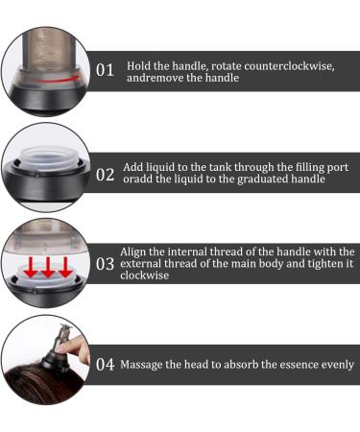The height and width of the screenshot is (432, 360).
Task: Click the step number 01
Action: point(105,70)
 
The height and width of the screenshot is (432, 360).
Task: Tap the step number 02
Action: point(105,175)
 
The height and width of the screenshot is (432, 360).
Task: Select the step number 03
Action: point(105,264)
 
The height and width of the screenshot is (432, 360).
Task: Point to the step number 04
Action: point(105,365)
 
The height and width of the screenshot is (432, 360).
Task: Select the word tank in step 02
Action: point(220,167)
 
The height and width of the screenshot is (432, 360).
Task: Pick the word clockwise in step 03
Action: point(145,276)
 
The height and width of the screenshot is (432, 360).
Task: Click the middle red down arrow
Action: point(48,267)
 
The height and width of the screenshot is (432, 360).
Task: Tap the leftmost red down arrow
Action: point(31,267)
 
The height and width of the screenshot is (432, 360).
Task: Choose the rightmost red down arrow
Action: point(65,267)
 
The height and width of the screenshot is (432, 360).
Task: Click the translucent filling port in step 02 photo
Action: point(48,158)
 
